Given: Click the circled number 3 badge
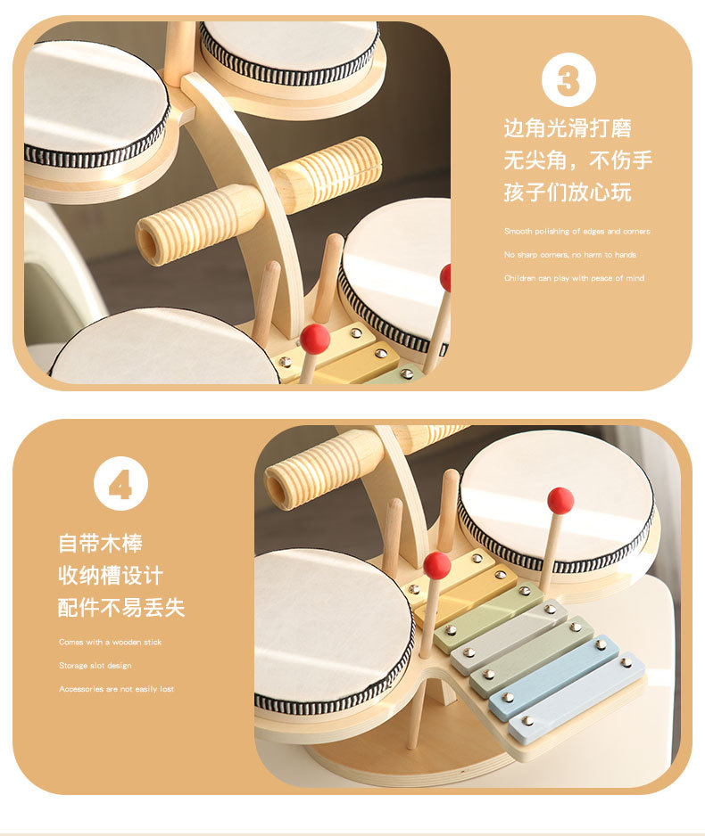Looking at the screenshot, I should tap(568, 80).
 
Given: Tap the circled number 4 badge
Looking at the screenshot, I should tap(120, 484).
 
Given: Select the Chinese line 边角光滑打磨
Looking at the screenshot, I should tap(568, 128).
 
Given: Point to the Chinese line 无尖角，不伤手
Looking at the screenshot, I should tap(577, 160).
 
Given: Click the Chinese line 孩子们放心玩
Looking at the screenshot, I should tap(568, 193).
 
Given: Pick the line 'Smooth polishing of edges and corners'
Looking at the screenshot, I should tap(576, 232).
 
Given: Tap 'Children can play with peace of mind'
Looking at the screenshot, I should tap(574, 278).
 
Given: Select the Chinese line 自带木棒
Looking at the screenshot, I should tap(100, 543).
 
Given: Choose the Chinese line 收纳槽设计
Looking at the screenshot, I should tap(111, 575).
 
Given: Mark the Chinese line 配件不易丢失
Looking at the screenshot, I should tap(121, 608).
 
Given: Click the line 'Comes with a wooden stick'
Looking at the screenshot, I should tap(111, 642).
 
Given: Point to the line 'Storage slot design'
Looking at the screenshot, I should tap(95, 665).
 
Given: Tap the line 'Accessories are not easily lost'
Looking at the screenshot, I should tap(117, 689).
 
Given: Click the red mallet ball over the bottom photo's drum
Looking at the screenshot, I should tap(560, 500).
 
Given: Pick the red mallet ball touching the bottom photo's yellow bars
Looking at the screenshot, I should tap(436, 564).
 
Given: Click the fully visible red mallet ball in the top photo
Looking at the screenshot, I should tap(314, 339).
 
